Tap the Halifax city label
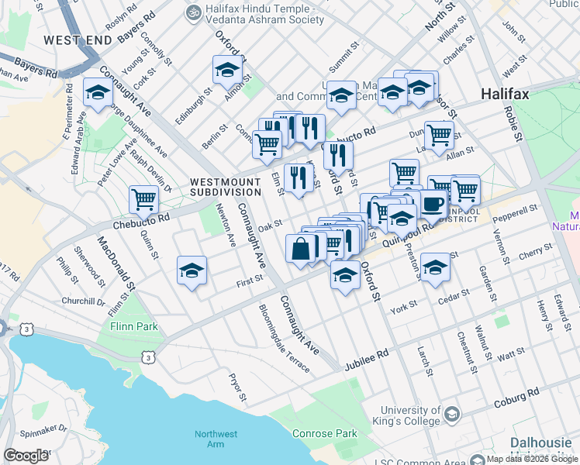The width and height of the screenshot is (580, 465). click(505, 94)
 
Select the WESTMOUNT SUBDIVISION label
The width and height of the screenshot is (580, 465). click(226, 187)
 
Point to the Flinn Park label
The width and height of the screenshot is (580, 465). click(131, 325)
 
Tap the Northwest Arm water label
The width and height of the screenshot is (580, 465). click(216, 439)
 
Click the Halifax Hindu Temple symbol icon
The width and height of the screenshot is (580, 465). click(190, 12)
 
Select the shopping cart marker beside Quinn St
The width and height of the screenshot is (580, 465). click(144, 199)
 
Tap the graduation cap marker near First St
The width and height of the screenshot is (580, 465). click(192, 270)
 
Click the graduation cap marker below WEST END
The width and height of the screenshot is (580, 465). click(98, 91)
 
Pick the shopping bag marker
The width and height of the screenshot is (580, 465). click(301, 248)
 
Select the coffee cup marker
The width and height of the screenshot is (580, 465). click(433, 204)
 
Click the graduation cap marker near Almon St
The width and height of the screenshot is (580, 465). click(227, 70)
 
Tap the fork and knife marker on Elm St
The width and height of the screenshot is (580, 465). click(299, 178)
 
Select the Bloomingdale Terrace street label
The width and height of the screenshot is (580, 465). click(285, 337)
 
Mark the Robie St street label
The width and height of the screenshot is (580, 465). click(516, 123)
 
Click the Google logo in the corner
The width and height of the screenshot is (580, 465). click(26, 456)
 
